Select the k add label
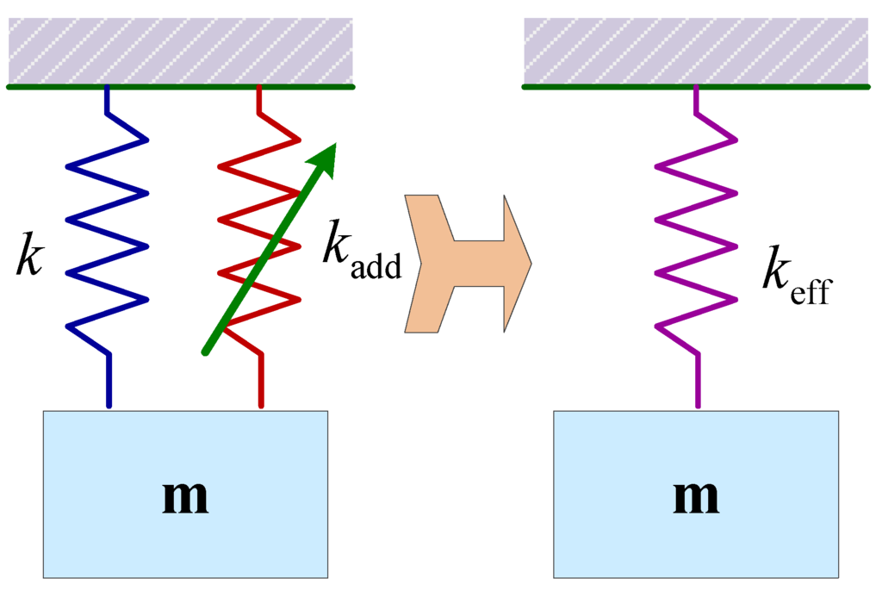tap(362, 252)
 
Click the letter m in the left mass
tap(185, 497)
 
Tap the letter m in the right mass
tap(696, 497)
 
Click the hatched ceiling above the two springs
tap(181, 50)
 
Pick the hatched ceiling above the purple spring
tap(696, 50)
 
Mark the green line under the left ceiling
tap(181, 87)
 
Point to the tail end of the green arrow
tap(206, 351)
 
